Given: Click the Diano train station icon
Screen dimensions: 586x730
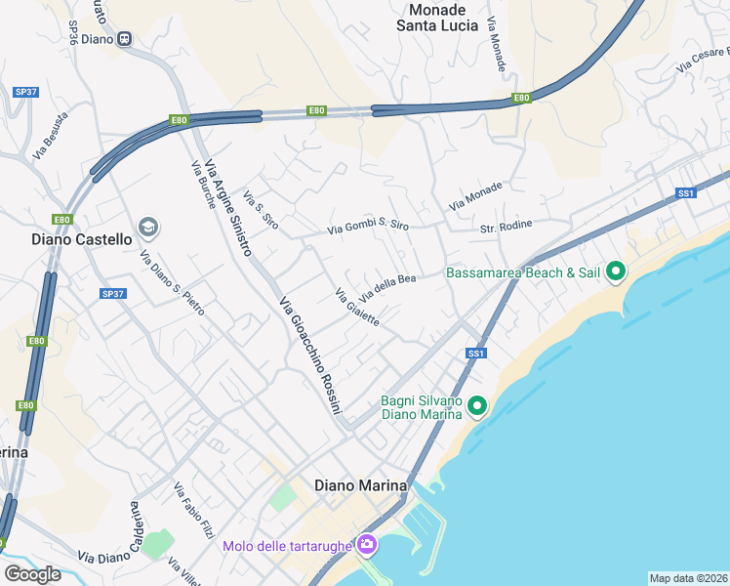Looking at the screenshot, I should [x=124, y=39].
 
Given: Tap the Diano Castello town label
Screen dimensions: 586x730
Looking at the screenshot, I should [x=82, y=238].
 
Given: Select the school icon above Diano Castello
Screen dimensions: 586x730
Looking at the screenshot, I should [x=148, y=228].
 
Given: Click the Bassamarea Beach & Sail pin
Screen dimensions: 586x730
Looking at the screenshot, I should [x=616, y=272].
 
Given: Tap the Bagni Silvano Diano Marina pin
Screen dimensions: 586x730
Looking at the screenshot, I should [x=477, y=404].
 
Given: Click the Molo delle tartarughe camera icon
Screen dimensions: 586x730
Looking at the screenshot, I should [x=367, y=544].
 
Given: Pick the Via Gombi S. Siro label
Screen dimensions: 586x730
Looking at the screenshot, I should [x=368, y=227].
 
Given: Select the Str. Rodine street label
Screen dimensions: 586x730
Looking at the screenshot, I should [x=506, y=226].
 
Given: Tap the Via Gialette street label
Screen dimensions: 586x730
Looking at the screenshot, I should [x=356, y=307].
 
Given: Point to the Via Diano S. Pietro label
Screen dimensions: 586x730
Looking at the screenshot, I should [x=173, y=284].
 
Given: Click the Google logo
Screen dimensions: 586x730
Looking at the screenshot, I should [x=32, y=573].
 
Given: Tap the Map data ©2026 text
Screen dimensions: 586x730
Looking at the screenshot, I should [x=688, y=577].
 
